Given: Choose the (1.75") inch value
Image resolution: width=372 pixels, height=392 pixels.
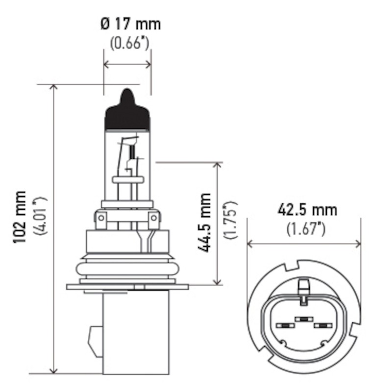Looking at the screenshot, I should pyautogui.click(x=230, y=220).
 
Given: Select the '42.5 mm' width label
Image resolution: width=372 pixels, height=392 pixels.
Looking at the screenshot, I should pyautogui.click(x=307, y=210).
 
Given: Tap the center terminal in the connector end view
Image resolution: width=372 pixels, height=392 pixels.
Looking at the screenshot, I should pyautogui.click(x=303, y=319).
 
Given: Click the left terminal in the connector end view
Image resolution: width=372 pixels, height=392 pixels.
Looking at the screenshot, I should pyautogui.click(x=284, y=325).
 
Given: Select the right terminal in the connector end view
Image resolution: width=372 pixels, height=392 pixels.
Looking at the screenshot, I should pyautogui.click(x=322, y=325).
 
